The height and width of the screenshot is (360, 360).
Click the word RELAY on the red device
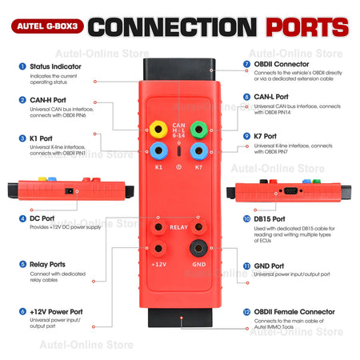(x=178, y=227)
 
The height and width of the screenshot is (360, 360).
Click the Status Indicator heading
(x=53, y=66)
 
